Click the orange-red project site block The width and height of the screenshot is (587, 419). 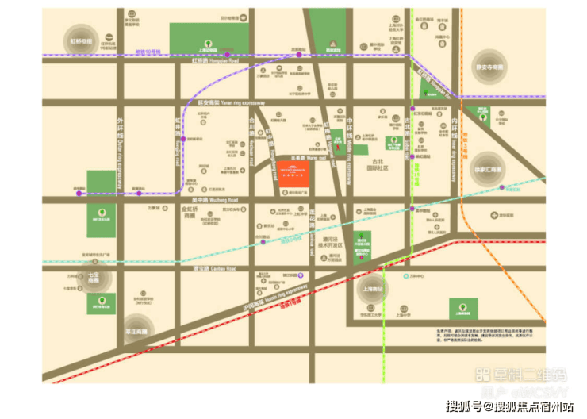pyautogui.click(x=294, y=174)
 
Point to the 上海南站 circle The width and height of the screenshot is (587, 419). pyautogui.click(x=370, y=290)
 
